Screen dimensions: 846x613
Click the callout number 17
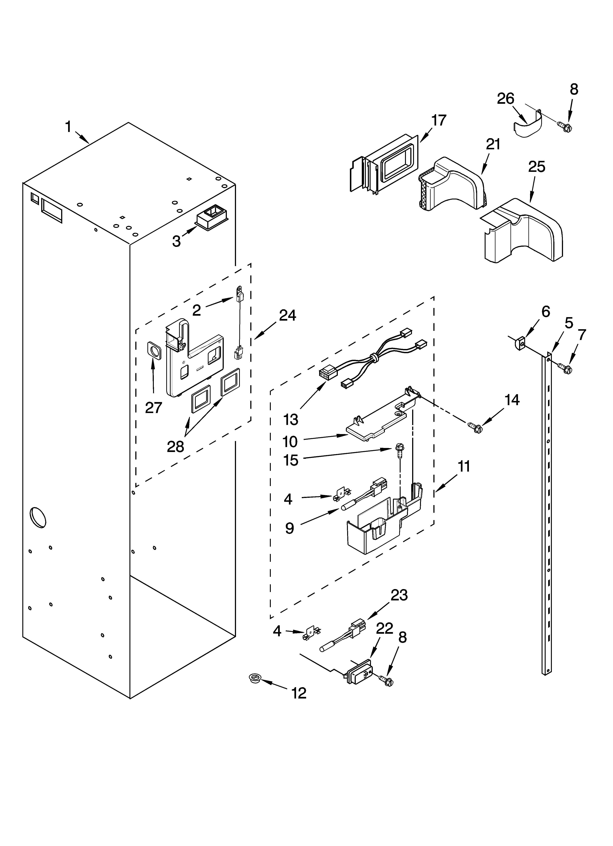pyautogui.click(x=439, y=120)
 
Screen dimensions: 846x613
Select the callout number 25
pyautogui.click(x=536, y=167)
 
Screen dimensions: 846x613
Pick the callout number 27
pyautogui.click(x=153, y=408)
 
